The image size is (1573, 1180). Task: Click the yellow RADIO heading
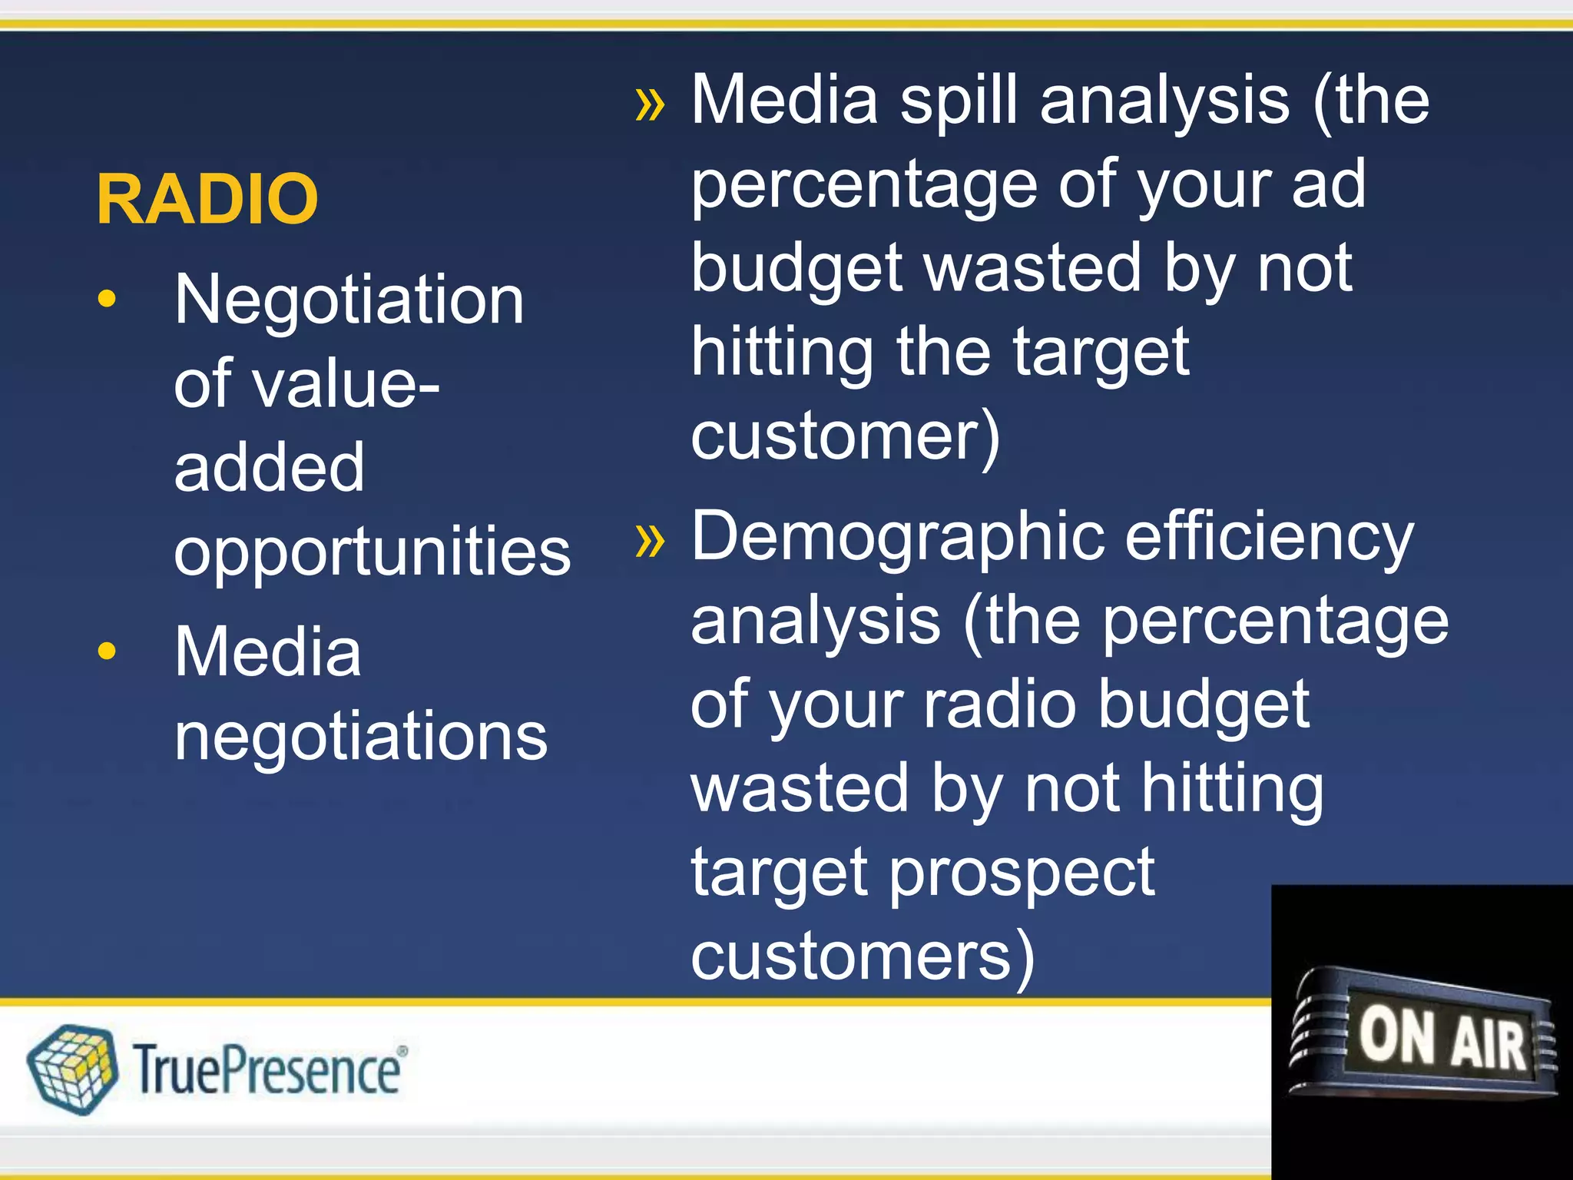(x=207, y=199)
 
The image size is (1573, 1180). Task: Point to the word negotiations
(x=361, y=736)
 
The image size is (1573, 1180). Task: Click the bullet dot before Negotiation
(x=108, y=299)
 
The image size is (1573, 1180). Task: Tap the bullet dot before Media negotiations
(x=108, y=651)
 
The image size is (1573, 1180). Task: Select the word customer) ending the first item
(x=845, y=436)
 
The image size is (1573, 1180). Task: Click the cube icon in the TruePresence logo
(x=72, y=1069)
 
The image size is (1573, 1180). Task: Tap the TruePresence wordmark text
(x=269, y=1070)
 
